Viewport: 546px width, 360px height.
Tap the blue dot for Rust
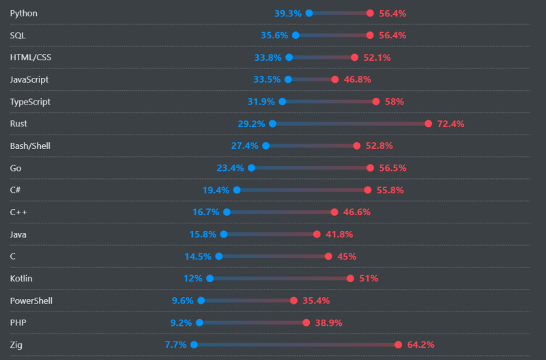[272, 124]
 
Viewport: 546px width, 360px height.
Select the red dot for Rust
[428, 124]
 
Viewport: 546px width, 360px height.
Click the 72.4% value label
[450, 124]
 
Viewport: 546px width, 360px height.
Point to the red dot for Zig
[399, 345]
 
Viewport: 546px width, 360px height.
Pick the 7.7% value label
[175, 345]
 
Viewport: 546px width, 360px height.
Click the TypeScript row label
[30, 102]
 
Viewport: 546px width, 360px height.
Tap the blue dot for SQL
[296, 35]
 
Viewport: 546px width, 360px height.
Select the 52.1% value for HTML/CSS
[377, 57]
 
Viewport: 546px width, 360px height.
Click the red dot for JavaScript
[334, 79]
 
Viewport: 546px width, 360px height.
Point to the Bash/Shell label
[30, 146]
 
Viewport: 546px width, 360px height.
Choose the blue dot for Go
[251, 168]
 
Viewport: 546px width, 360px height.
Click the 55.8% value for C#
[390, 190]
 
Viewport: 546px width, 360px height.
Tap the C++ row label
[18, 212]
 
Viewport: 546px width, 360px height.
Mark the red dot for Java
[317, 234]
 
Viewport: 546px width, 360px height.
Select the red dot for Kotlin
[350, 279]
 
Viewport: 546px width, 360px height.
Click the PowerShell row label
[31, 301]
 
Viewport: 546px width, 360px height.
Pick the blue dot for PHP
[199, 322]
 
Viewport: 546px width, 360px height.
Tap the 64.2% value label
[420, 345]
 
